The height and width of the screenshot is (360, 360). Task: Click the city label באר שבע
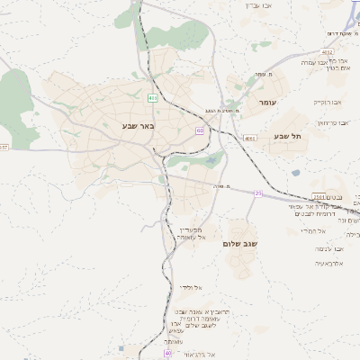click(x=139, y=126)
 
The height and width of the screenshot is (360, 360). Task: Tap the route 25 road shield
click(x=257, y=193)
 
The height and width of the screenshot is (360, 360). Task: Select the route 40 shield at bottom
click(x=168, y=353)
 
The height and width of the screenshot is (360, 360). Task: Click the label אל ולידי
click(x=190, y=287)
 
